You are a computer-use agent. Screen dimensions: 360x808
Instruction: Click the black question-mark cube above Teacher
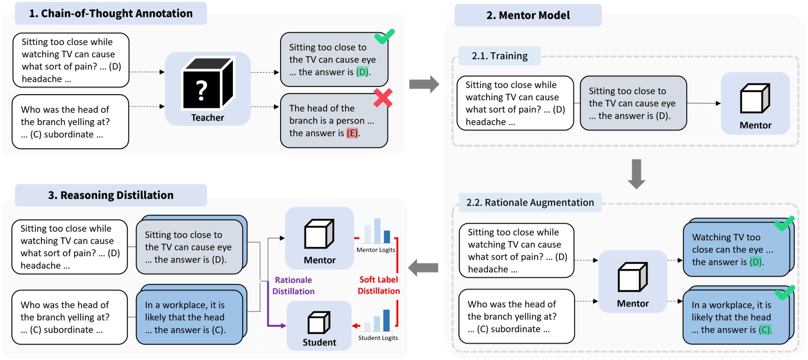(207, 83)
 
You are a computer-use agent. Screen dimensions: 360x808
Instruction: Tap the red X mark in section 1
(383, 98)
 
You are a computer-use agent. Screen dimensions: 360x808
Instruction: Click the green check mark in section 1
(384, 36)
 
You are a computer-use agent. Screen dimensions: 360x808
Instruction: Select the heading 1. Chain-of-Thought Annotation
(111, 14)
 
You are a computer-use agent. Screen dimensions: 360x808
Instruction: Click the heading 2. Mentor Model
(528, 15)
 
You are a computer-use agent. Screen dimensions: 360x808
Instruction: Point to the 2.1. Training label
(499, 56)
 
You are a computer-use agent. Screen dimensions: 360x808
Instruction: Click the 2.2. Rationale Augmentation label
(530, 202)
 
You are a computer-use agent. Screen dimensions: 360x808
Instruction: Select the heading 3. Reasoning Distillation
(111, 195)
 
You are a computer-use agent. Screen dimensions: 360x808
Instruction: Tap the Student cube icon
(319, 323)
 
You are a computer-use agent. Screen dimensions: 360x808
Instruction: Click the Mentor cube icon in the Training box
(755, 98)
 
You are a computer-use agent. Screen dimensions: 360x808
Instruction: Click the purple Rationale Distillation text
(293, 285)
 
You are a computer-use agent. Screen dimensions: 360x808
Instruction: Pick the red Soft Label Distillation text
(378, 285)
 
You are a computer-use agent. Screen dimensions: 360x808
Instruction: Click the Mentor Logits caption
(376, 250)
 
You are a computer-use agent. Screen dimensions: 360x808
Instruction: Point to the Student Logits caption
(378, 338)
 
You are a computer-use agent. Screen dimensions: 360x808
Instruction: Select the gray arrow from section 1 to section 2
(424, 84)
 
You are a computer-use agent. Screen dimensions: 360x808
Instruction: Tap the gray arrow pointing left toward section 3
(423, 267)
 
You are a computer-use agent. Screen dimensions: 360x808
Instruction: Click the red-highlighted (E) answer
(352, 133)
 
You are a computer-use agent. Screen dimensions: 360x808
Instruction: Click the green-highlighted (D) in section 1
(362, 72)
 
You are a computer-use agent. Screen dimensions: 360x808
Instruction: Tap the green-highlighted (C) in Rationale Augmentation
(765, 330)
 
